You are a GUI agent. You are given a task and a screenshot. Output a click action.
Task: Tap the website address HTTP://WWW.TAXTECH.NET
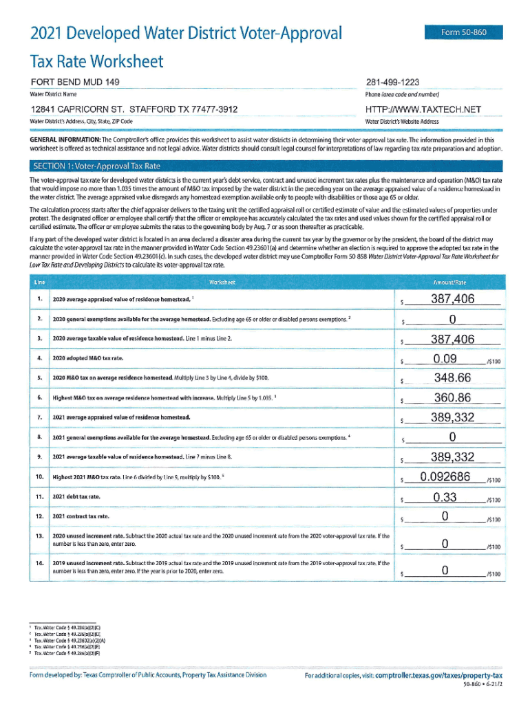423,109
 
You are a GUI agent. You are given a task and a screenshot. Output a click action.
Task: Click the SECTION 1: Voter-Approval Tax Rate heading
96,166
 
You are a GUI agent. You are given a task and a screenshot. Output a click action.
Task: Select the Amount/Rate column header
450,282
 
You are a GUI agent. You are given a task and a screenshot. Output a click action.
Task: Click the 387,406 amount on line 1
452,298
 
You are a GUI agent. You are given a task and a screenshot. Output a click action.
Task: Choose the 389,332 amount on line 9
452,457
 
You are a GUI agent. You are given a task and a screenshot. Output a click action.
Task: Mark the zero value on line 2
452,318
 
